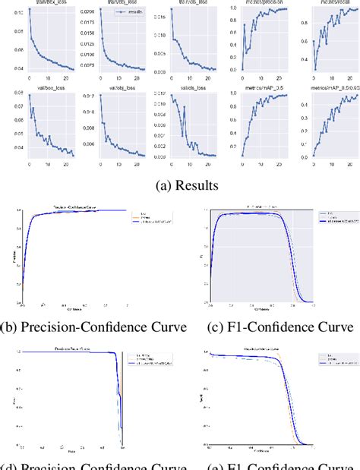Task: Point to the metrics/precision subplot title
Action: tap(261, 4)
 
